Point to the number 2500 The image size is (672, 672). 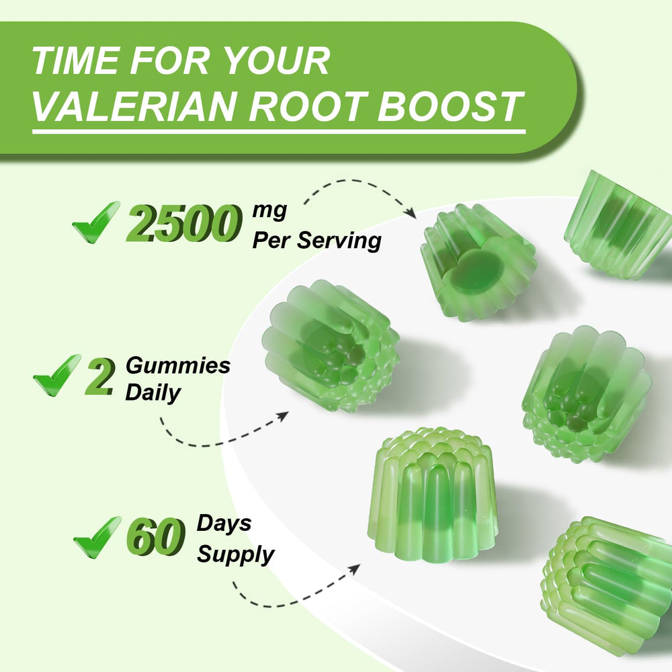point(183,224)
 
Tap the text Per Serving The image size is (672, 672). point(317,241)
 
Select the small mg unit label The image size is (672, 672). point(269,210)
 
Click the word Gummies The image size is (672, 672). point(177,366)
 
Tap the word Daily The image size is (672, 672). point(153,393)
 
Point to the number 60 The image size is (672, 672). point(156,537)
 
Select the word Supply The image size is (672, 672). point(235,554)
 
